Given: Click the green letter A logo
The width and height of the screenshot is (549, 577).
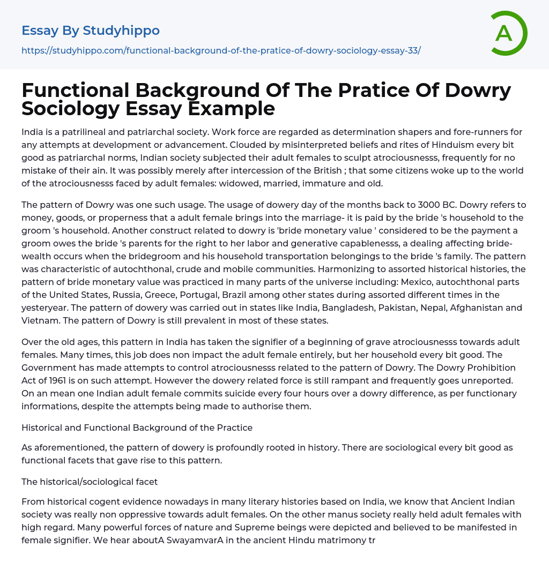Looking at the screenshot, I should click(506, 33).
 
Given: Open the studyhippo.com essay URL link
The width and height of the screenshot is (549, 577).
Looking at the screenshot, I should click(221, 50).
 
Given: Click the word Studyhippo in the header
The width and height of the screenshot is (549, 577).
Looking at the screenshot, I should click(121, 31).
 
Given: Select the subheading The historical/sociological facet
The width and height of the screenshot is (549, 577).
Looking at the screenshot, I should click(90, 482).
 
